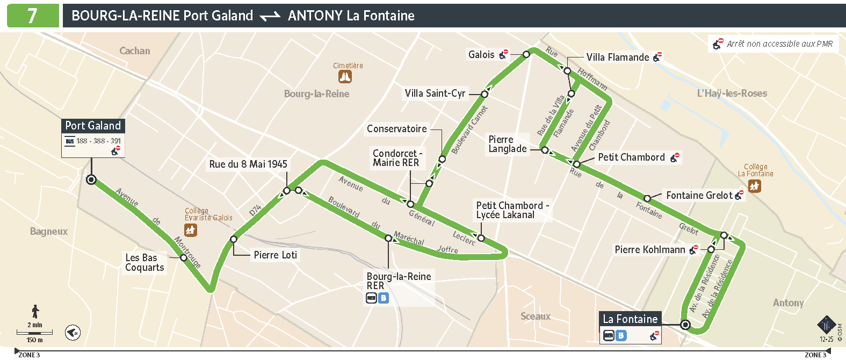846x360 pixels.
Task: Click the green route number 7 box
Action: [33, 16]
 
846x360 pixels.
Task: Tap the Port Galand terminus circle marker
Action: [91, 179]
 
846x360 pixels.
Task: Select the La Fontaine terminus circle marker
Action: [685, 325]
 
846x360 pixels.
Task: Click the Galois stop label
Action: [481, 54]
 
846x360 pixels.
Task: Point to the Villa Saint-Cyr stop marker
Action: [484, 94]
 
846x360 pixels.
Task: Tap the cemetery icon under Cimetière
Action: [345, 77]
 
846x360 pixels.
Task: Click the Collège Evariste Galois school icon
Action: [191, 230]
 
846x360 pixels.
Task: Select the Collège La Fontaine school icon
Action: [755, 186]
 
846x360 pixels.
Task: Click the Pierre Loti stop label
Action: [275, 255]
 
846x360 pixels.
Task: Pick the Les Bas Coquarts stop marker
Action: [184, 258]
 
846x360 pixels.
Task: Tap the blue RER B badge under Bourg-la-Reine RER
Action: [383, 298]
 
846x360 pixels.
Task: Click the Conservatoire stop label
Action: [396, 129]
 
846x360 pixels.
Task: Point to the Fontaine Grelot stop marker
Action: [647, 198]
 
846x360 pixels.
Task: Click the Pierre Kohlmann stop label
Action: [649, 249]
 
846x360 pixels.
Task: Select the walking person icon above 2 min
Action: [35, 311]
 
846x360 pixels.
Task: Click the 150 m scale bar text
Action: [35, 340]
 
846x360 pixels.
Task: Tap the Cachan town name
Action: [134, 51]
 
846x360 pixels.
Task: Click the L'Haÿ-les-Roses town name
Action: [732, 93]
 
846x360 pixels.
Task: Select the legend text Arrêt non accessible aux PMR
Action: [779, 44]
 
